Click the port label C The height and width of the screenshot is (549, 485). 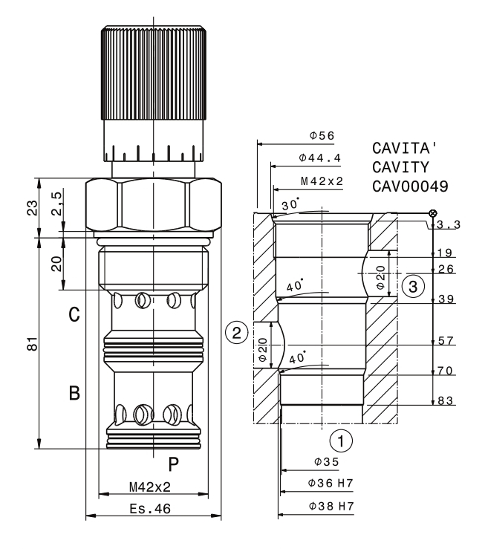click(x=74, y=315)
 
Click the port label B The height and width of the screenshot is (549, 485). click(x=74, y=392)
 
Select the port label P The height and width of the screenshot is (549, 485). click(x=172, y=465)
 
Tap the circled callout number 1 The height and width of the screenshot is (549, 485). click(x=341, y=441)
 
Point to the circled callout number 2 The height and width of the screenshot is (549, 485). click(x=236, y=332)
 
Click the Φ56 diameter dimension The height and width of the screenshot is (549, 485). click(x=322, y=136)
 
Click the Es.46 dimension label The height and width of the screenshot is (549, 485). click(x=152, y=510)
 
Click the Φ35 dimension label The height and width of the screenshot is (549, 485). click(x=326, y=462)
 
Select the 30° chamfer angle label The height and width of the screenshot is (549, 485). click(x=288, y=204)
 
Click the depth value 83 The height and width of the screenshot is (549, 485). click(x=445, y=401)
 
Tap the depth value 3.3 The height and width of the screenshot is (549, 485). click(x=447, y=224)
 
